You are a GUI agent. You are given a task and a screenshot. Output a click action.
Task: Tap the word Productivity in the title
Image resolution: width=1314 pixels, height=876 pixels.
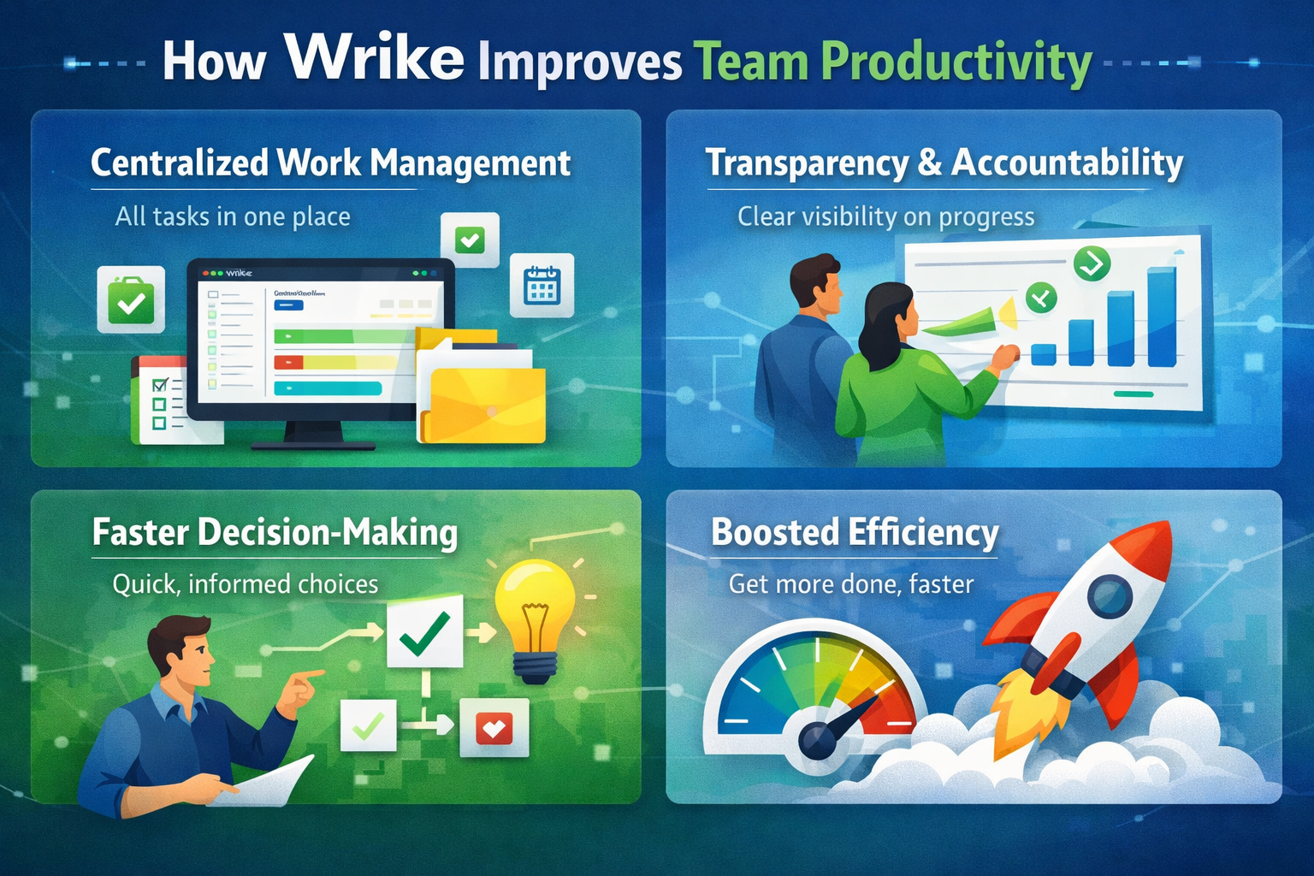956,62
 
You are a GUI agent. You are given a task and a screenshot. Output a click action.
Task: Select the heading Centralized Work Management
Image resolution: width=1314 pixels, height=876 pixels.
330,163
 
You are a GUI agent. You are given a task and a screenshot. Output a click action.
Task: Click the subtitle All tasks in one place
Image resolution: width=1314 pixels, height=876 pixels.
233,216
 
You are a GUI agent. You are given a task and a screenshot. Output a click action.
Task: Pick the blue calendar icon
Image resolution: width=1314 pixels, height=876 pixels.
542,285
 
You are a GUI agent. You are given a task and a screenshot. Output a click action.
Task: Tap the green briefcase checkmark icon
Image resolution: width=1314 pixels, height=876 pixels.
131,299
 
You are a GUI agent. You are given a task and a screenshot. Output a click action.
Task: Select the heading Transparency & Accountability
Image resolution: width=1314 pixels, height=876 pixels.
944,163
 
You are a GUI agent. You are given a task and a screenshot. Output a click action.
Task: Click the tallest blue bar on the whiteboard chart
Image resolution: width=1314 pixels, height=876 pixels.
1161,317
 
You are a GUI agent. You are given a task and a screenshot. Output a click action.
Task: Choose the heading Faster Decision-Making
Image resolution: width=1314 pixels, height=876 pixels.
275,532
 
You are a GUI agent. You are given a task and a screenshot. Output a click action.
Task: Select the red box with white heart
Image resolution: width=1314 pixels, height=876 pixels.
494,728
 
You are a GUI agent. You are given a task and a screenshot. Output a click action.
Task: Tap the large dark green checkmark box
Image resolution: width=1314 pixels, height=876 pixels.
424,631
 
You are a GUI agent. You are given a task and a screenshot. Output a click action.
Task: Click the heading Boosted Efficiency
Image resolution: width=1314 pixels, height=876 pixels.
855,532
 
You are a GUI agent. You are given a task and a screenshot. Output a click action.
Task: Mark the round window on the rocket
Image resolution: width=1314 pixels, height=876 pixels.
1110,595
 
